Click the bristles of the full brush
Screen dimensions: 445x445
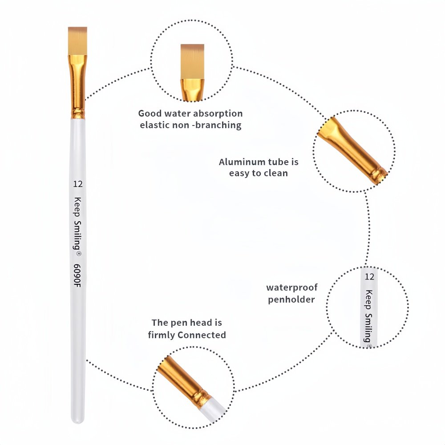[77, 41]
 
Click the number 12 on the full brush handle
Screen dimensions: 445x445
[78, 184]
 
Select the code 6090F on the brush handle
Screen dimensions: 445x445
[77, 275]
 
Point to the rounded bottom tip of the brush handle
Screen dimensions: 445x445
[77, 421]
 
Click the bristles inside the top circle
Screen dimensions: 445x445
[192, 62]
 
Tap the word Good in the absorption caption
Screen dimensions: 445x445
[150, 113]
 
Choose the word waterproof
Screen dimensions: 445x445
[292, 287]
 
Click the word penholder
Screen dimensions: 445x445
[291, 299]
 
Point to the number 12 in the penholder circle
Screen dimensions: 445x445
[369, 276]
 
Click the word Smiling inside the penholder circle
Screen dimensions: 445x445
[368, 328]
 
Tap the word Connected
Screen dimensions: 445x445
[202, 335]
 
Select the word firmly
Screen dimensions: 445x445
[161, 336]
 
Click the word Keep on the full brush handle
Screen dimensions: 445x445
[77, 206]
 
